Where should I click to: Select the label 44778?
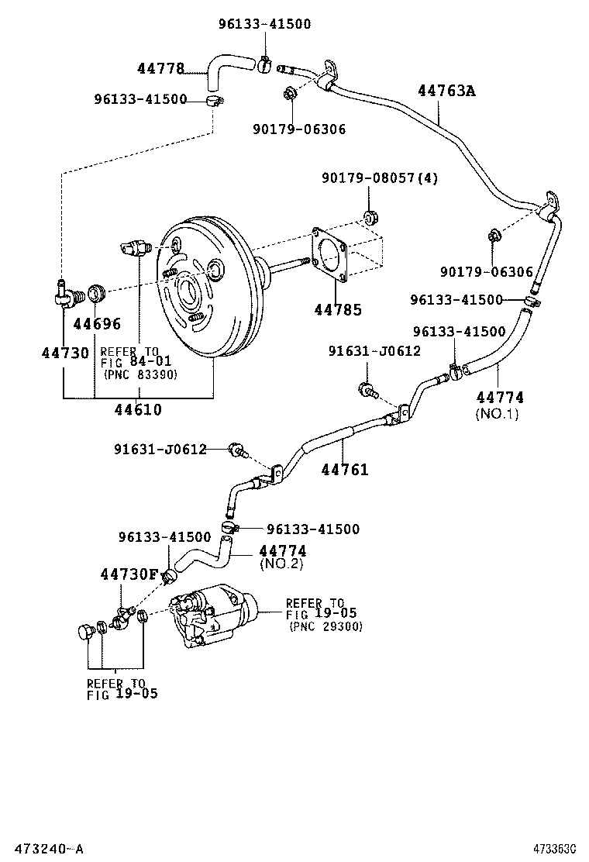[160, 69]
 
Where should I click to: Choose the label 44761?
[345, 470]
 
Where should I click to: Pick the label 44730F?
[129, 574]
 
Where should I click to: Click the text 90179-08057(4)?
[380, 178]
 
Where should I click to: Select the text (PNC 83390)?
[140, 374]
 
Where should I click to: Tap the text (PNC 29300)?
[325, 626]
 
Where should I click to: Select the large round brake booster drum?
[204, 291]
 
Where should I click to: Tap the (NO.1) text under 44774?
[497, 413]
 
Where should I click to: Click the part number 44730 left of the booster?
[65, 353]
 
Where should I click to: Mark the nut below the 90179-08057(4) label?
[370, 216]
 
